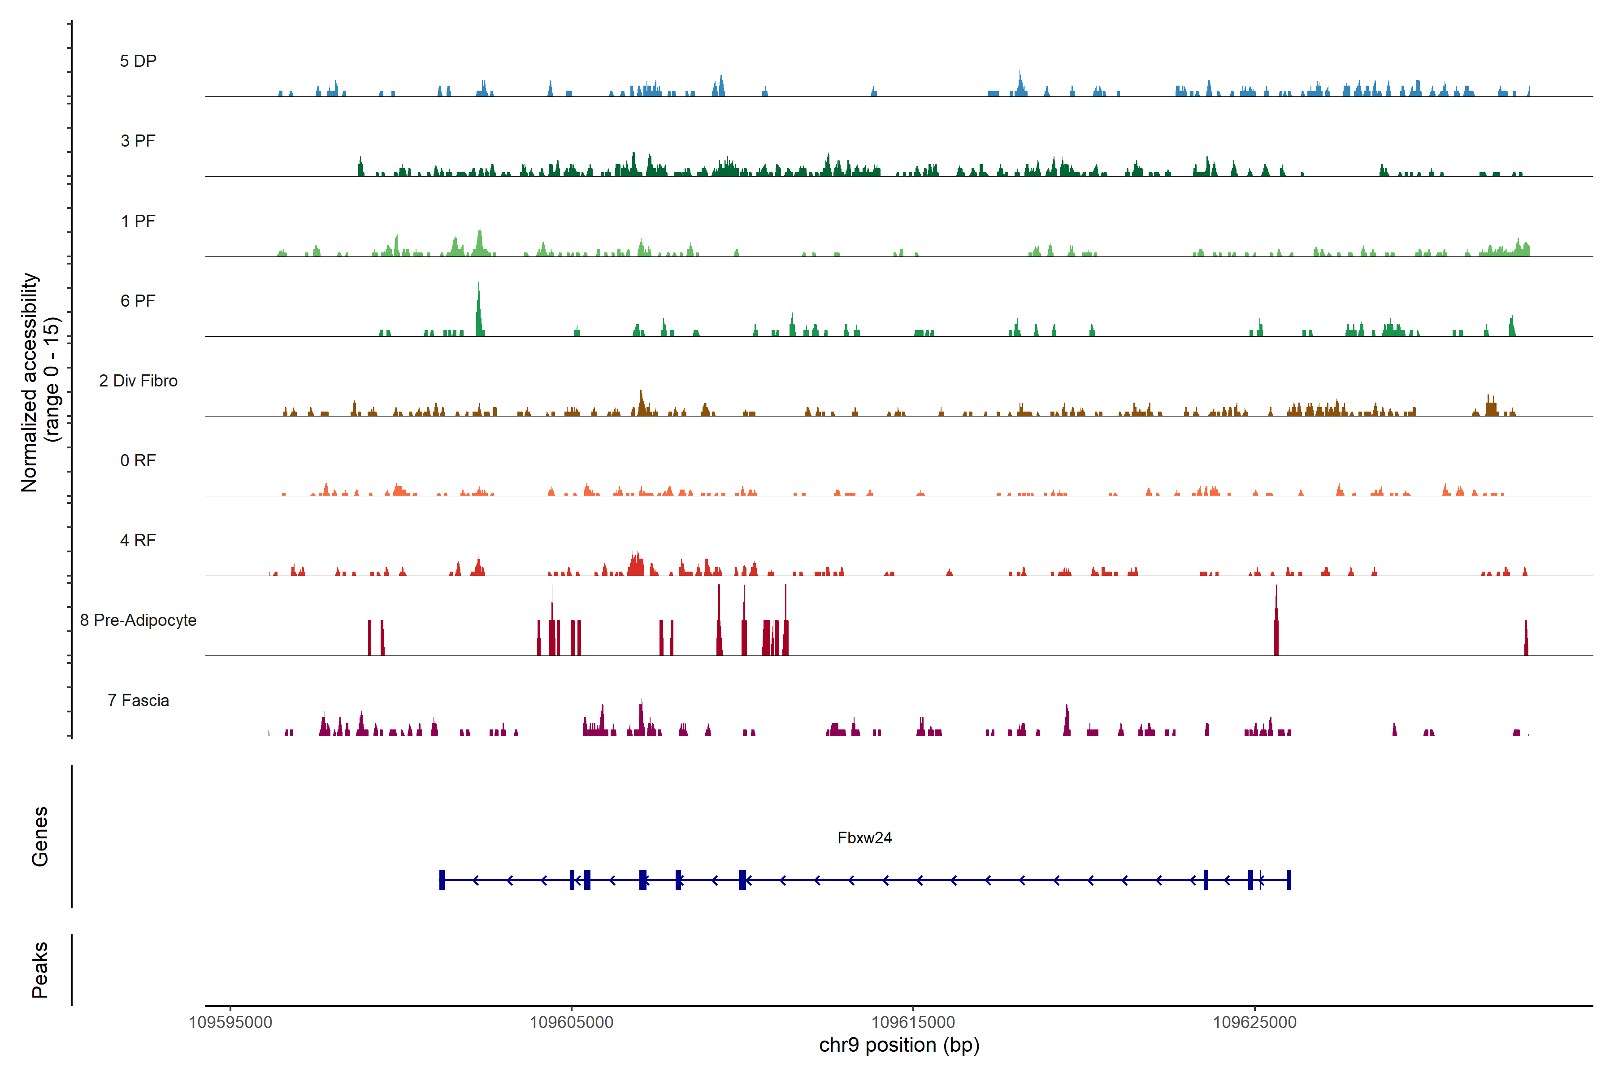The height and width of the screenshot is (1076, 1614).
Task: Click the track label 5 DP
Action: (x=138, y=61)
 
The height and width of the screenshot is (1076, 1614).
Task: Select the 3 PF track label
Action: (x=138, y=141)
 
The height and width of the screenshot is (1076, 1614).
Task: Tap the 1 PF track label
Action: (x=138, y=221)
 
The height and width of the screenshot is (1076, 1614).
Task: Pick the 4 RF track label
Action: (x=138, y=540)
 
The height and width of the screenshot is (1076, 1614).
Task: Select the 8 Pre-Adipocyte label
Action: (x=138, y=620)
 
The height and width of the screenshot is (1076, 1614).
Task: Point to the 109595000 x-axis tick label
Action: (x=230, y=1023)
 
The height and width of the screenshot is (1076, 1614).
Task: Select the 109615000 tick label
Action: (x=913, y=1023)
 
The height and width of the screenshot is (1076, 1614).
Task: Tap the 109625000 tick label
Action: (x=1254, y=1023)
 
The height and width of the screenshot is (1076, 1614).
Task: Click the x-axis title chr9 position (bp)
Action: (x=899, y=1045)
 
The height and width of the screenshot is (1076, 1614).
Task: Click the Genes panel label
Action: (x=40, y=837)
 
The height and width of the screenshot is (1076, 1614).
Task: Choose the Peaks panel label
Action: (x=40, y=970)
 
